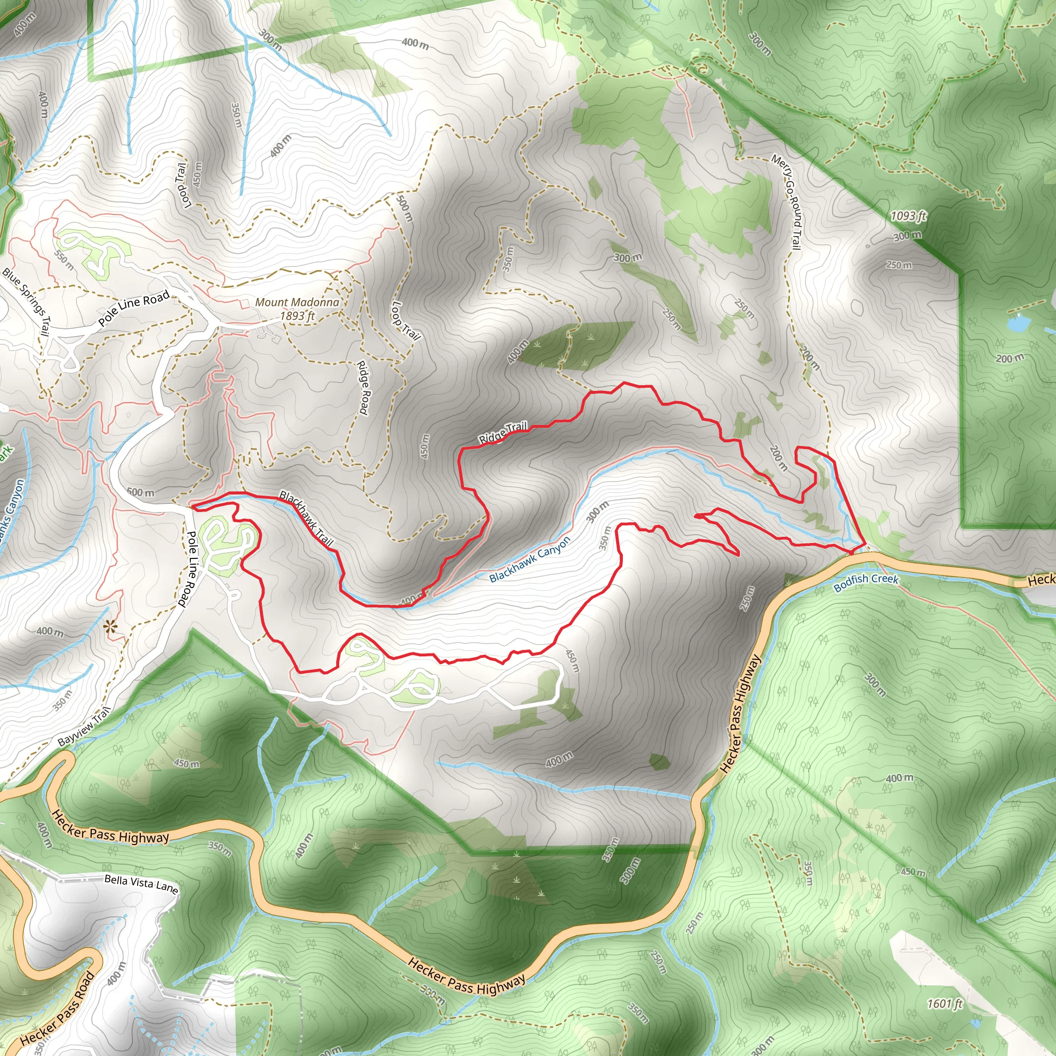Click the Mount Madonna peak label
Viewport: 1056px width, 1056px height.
297,302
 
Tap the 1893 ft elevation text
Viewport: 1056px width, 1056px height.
298,316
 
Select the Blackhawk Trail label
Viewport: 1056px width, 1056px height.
306,518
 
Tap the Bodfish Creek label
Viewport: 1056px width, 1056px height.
866,583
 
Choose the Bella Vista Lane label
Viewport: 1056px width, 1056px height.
141,884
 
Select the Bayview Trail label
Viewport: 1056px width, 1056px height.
84,727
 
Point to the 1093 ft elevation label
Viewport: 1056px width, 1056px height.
909,216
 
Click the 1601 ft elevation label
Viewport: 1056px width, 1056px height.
945,1003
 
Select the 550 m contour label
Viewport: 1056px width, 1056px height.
64,260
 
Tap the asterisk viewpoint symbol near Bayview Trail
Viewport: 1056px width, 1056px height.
110,627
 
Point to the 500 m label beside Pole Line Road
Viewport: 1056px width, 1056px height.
140,492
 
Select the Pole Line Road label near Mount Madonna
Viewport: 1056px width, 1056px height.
135,308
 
